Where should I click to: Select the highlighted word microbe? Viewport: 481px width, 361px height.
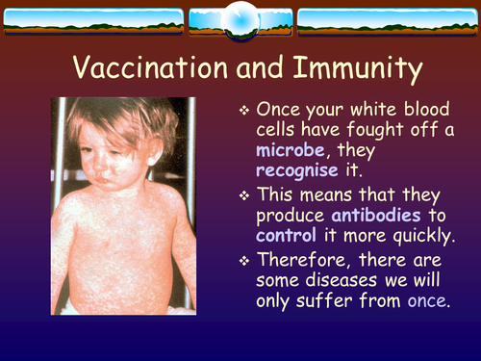[290, 151]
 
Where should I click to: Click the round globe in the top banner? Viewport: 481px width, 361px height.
[240, 20]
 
